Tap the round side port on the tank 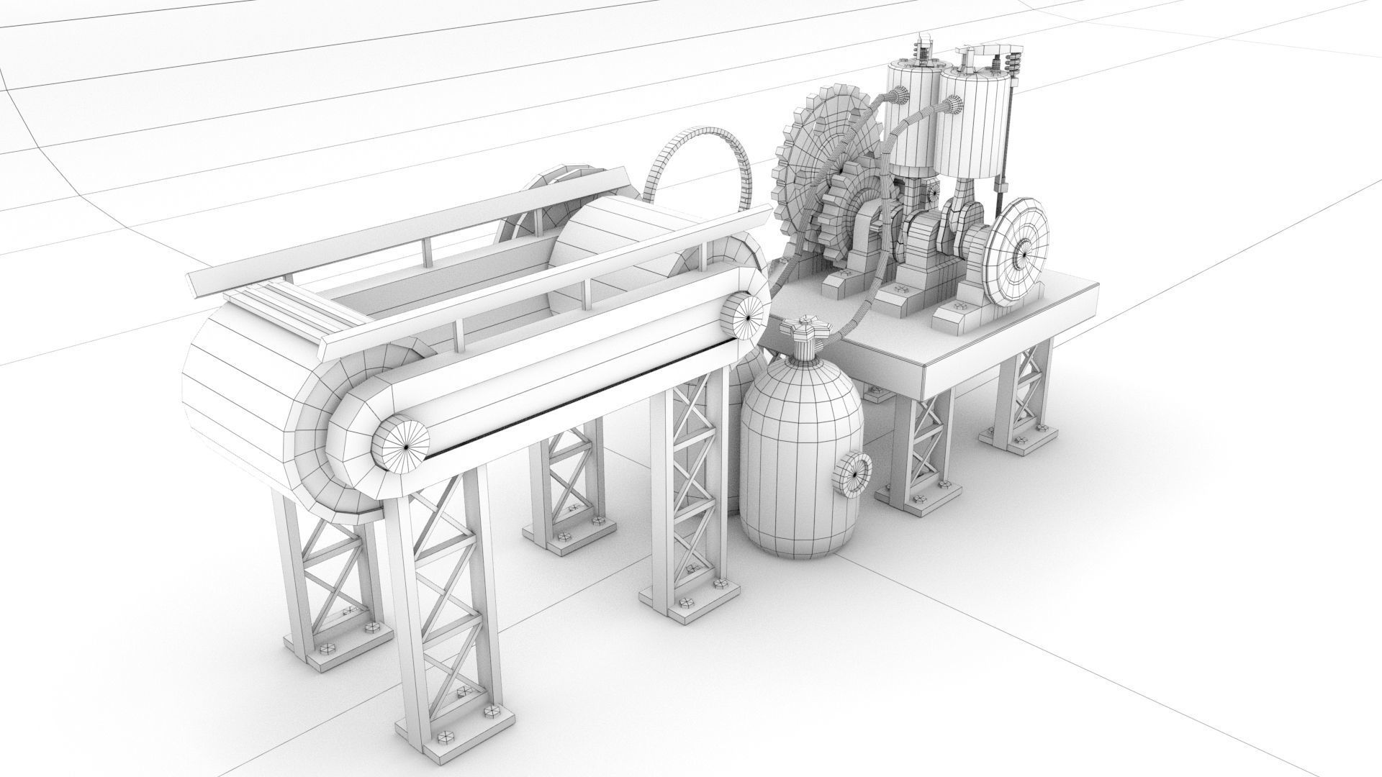[x=854, y=474]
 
